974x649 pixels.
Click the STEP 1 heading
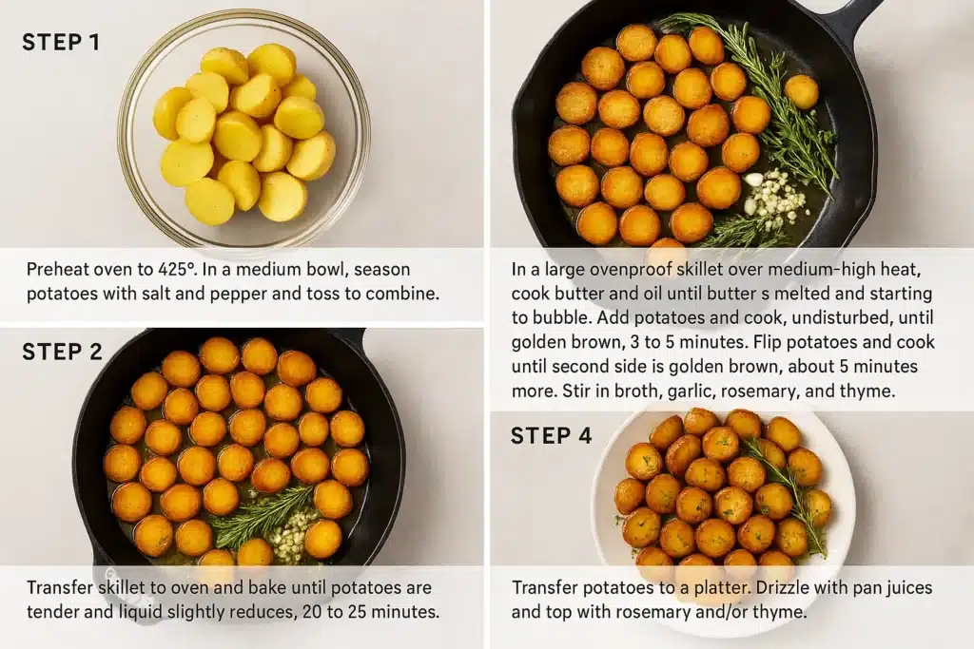coord(61,42)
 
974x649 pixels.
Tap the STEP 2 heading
coord(62,352)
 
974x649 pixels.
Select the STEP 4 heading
coord(551,435)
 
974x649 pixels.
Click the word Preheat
coord(57,269)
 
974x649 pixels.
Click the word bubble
coord(563,317)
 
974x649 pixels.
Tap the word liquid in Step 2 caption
coord(139,612)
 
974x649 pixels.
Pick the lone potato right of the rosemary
coord(801,91)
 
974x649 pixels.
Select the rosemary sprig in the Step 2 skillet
coord(261,516)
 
